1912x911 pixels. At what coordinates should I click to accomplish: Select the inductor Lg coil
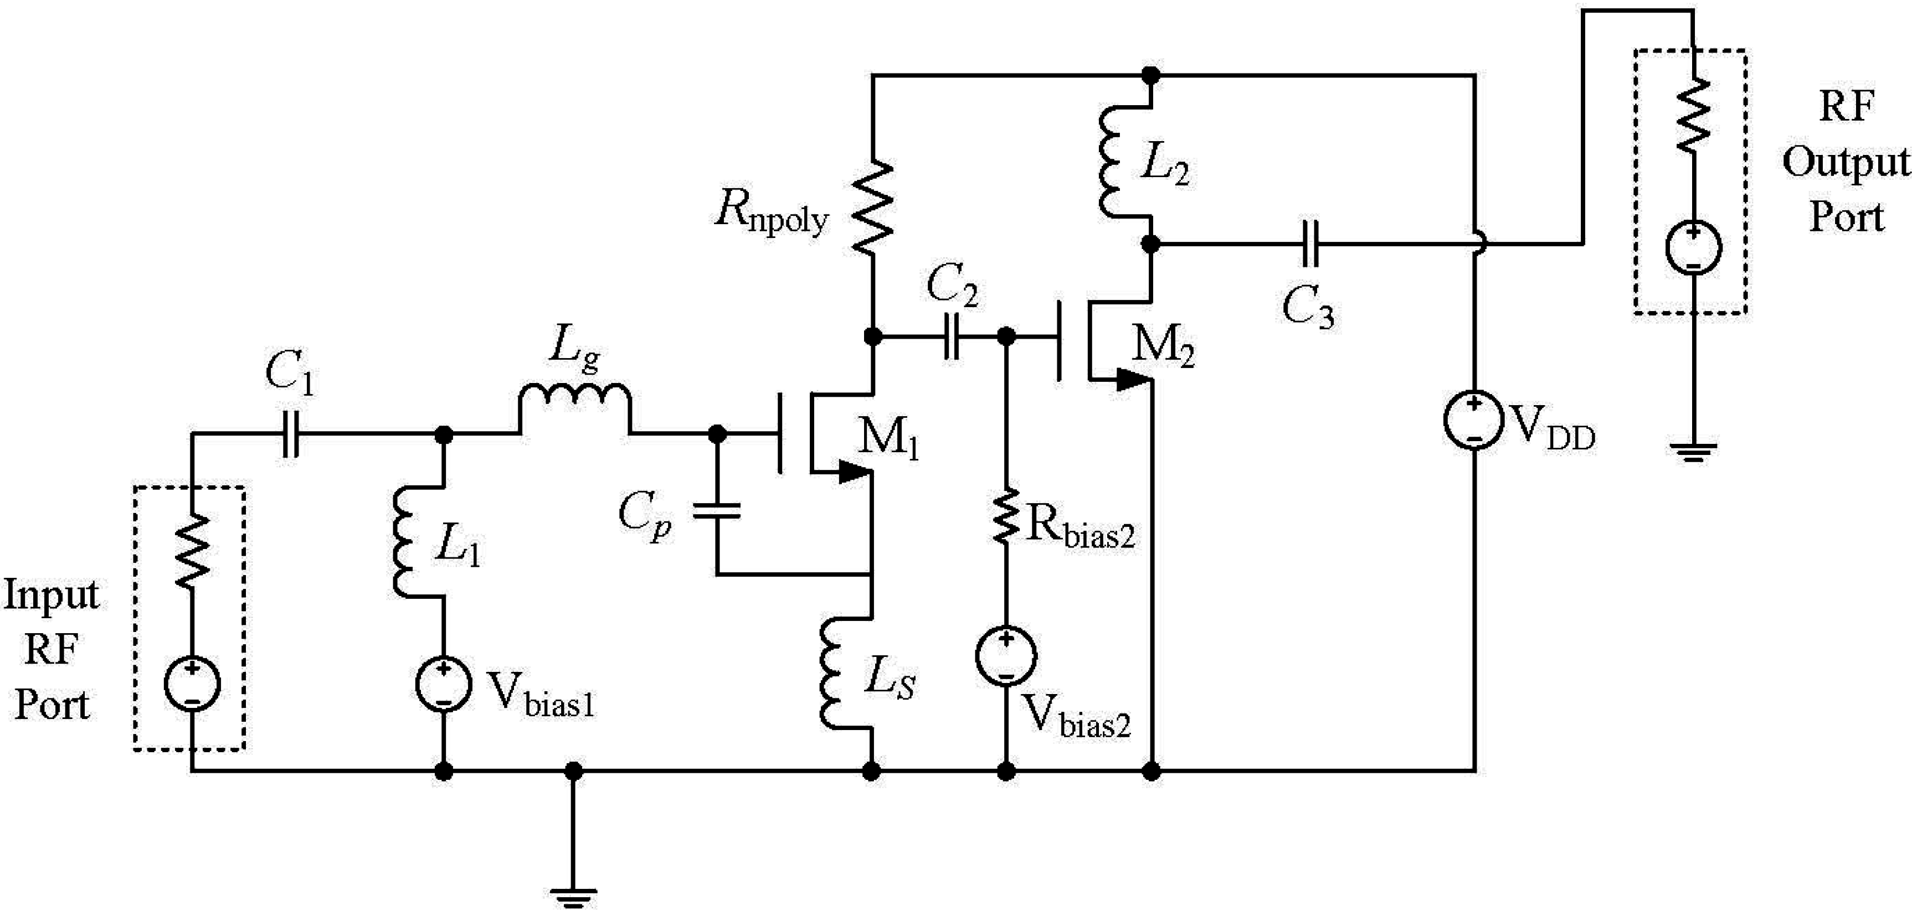tap(574, 401)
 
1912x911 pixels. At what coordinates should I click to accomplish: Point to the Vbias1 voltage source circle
tap(443, 685)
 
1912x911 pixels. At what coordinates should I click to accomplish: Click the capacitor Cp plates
tap(716, 510)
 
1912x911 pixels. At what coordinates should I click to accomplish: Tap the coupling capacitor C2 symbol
tap(952, 337)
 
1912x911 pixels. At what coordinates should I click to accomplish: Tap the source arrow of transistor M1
tap(854, 472)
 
